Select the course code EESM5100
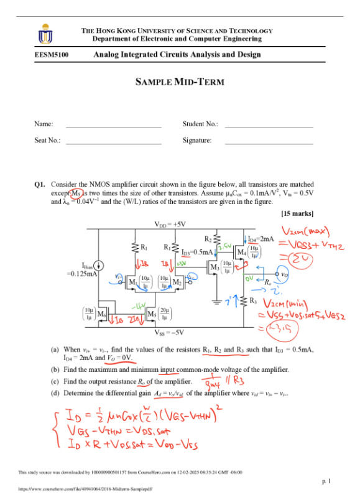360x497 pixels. (x=52, y=55)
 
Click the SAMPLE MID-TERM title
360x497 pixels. (x=180, y=82)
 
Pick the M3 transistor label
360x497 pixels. (x=215, y=268)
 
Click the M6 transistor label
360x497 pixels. (x=102, y=312)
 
